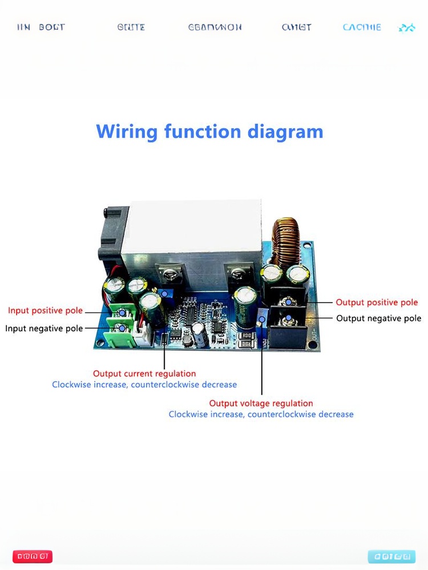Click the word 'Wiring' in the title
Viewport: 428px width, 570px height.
tap(127, 132)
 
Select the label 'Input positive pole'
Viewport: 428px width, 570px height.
tap(45, 311)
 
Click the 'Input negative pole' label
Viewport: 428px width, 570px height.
tap(44, 328)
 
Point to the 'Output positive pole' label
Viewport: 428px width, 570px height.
tap(377, 303)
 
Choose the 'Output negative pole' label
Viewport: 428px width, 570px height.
tap(378, 318)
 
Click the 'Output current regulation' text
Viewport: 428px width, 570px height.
tap(144, 374)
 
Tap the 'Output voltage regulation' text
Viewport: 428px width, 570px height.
tap(261, 404)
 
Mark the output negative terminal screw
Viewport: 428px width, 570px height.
tap(289, 317)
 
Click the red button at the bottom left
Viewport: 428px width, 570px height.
tap(34, 556)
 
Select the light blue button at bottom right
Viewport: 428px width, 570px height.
tap(391, 556)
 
